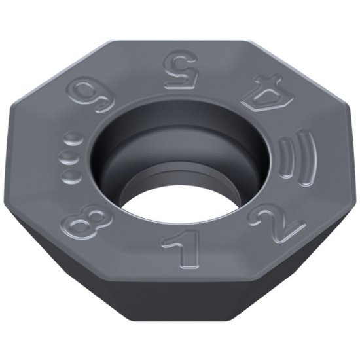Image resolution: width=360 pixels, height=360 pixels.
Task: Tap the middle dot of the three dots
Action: (66, 157)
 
